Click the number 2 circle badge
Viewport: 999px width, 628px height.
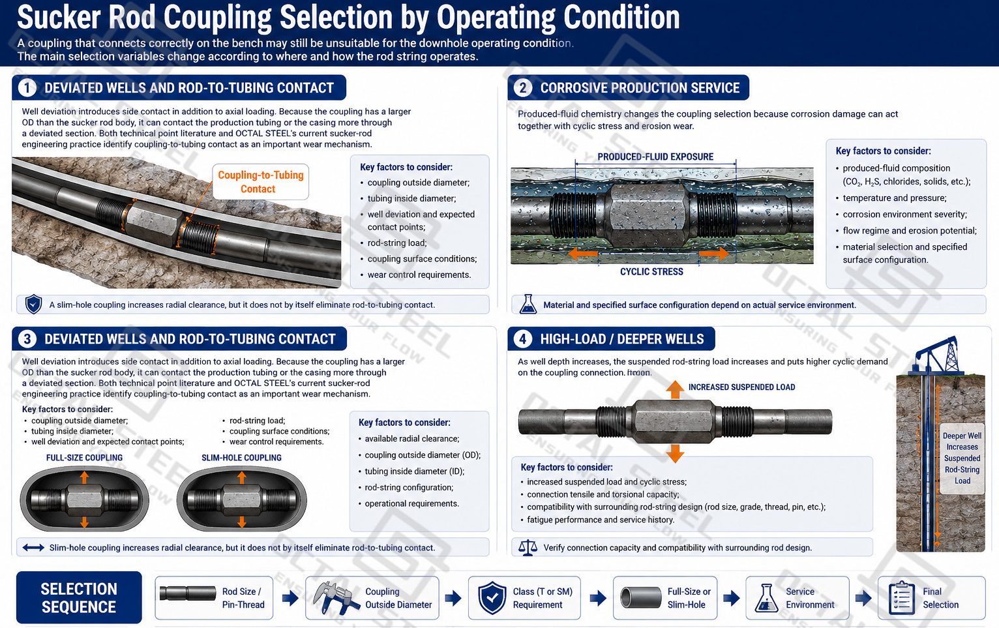[523, 88]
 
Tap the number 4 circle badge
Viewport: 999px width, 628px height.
[523, 339]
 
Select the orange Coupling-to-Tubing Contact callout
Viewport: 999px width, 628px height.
[260, 181]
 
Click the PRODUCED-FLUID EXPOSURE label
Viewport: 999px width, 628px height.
[655, 157]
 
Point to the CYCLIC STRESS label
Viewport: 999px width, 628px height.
[651, 272]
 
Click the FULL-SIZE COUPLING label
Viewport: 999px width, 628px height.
[84, 458]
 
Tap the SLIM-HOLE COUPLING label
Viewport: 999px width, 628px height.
[241, 458]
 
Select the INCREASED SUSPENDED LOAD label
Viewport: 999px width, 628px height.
[741, 387]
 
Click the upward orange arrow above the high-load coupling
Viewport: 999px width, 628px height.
[675, 389]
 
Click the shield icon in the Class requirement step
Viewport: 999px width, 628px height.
[492, 597]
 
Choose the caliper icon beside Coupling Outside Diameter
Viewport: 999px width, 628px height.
[335, 597]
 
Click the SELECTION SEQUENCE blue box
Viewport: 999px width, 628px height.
[79, 597]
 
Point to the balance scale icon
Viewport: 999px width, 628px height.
[528, 547]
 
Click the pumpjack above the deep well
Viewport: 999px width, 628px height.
[936, 356]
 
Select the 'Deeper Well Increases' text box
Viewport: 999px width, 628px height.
[962, 458]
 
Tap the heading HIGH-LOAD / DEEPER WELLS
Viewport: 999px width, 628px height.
[622, 339]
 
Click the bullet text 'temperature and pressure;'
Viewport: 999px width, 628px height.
[895, 198]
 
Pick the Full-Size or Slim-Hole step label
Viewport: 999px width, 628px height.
[689, 598]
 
